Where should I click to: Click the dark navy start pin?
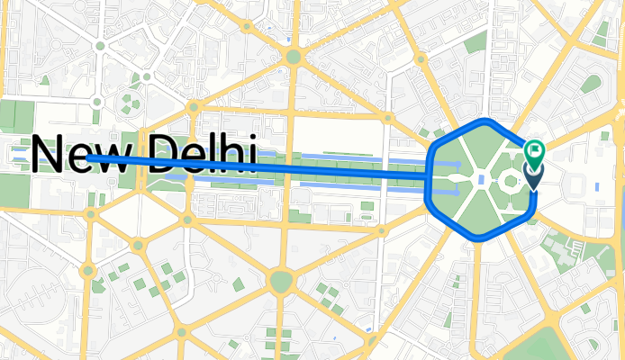533,177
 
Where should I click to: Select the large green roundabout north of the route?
292,58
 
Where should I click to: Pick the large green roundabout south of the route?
281,283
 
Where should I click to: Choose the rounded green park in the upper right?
591,85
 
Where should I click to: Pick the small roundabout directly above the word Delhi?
192,106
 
